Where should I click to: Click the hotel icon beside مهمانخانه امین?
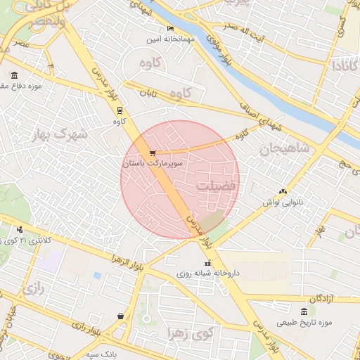click(x=170, y=29)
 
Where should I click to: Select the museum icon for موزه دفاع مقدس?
click(x=14, y=75)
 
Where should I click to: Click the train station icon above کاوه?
click(x=120, y=110)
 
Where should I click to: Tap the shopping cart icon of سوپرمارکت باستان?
click(x=153, y=153)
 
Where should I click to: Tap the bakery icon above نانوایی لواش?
click(x=283, y=191)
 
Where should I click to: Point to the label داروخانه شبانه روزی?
click(x=207, y=273)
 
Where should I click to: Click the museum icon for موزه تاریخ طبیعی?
click(x=303, y=311)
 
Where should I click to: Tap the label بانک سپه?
click(x=103, y=354)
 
